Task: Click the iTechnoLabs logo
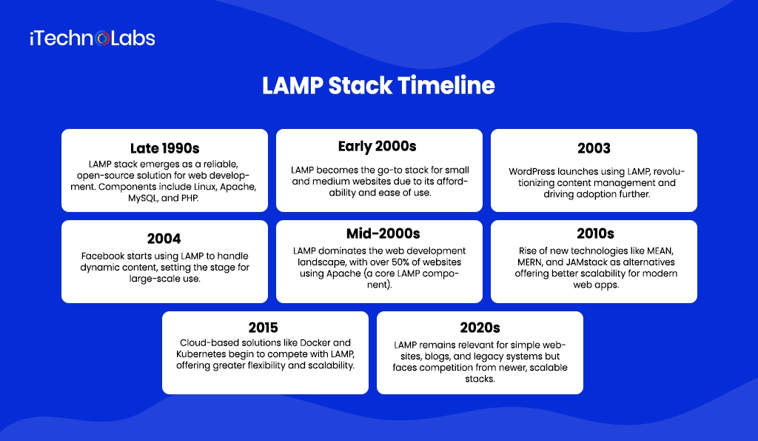coord(93,39)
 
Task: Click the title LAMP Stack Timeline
coord(378,86)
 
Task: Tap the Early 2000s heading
coord(378,145)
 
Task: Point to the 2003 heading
coord(594,148)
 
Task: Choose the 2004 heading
coord(164,239)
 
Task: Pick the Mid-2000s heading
coord(378,234)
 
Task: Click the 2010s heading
coord(594,234)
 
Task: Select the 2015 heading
coord(265,327)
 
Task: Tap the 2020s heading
coord(480,327)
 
